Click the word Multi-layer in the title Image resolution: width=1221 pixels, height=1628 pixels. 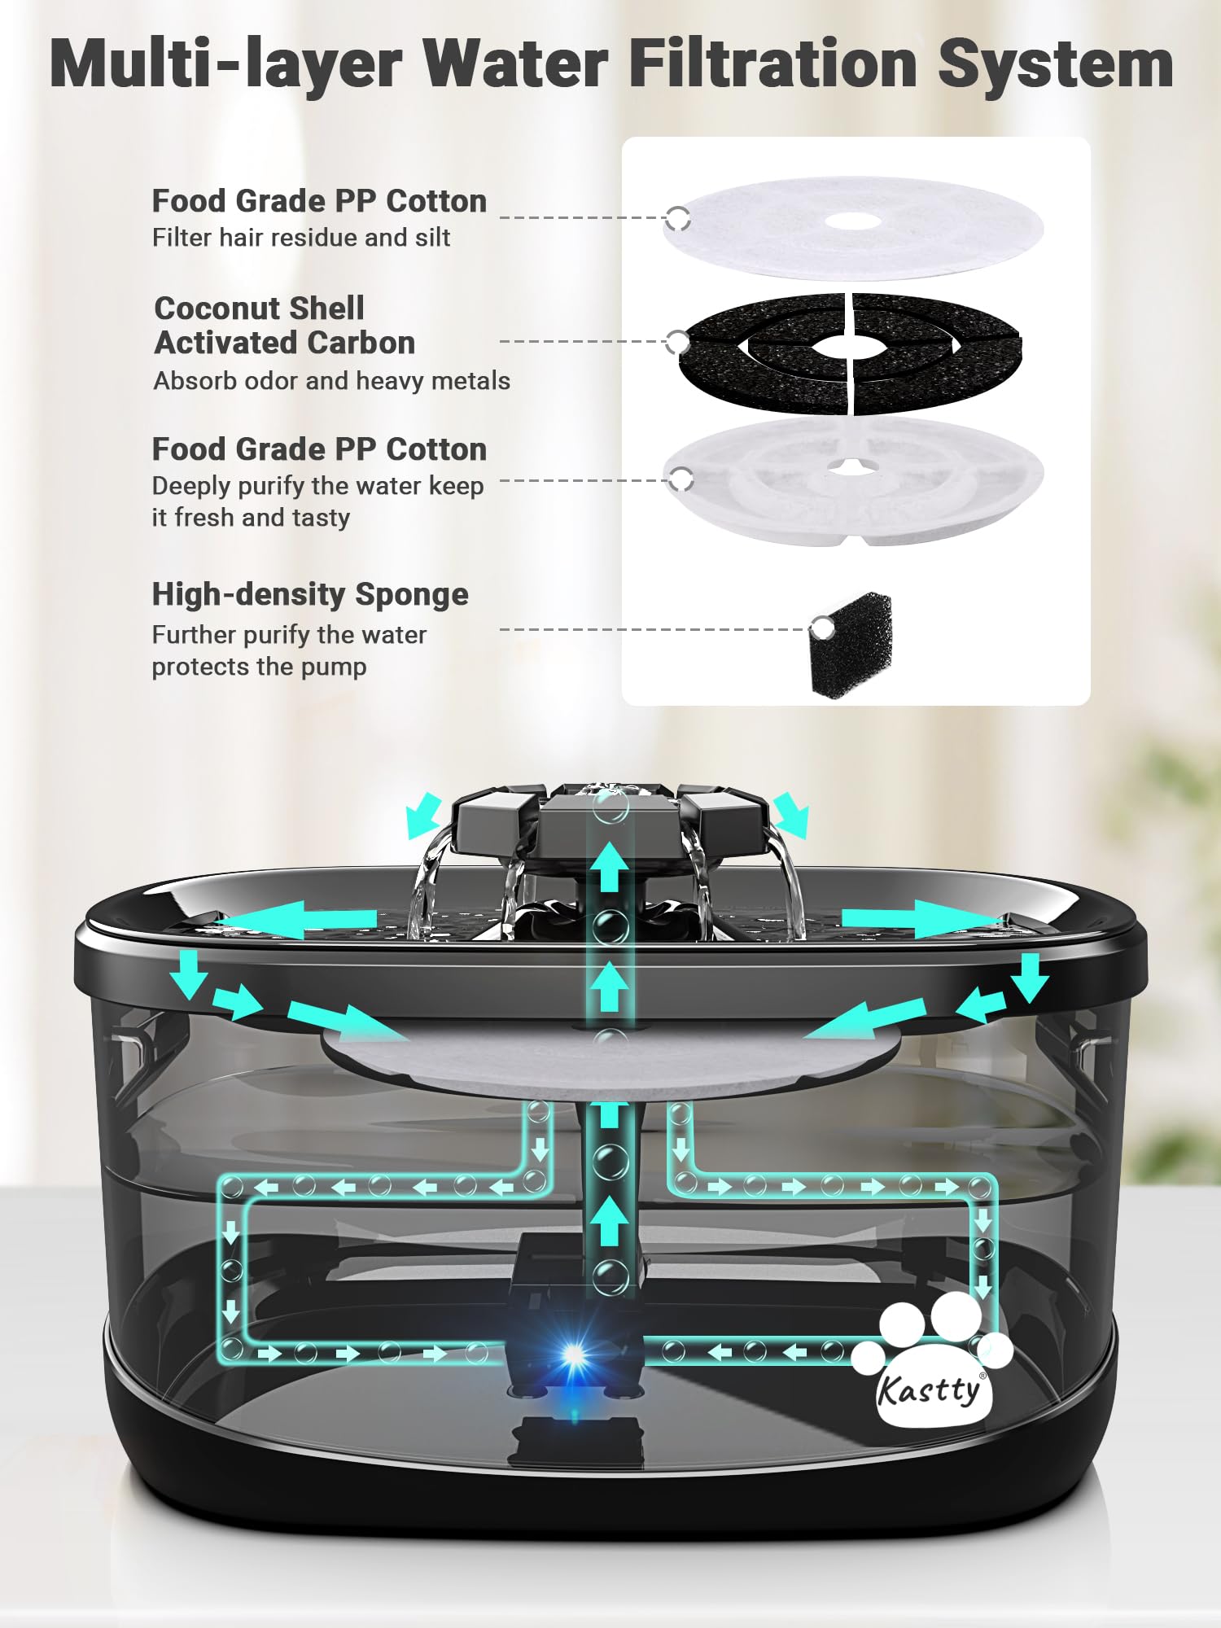[225, 65]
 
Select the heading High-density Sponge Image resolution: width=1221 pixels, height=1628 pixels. [310, 594]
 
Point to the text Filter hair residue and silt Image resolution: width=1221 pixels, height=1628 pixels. [300, 238]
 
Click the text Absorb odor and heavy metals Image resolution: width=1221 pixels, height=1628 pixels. [331, 381]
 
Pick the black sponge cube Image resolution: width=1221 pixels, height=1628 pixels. [851, 644]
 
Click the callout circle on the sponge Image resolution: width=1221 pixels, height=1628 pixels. [823, 628]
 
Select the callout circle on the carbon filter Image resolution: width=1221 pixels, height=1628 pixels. [677, 342]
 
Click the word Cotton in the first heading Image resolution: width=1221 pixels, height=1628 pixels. [435, 201]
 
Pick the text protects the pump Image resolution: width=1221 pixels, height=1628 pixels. [259, 667]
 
